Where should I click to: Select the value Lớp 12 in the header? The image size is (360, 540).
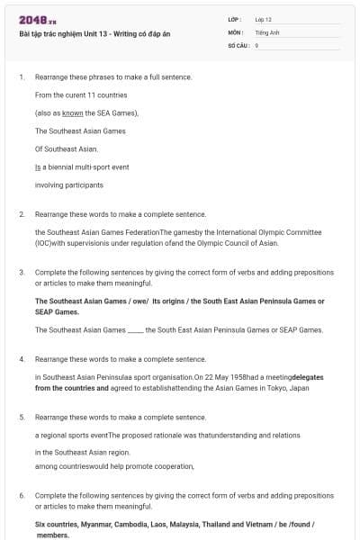(263, 19)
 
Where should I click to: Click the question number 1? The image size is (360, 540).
(21, 77)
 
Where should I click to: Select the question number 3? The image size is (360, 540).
(21, 272)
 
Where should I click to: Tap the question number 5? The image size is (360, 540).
(21, 418)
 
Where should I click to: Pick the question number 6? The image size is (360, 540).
(21, 496)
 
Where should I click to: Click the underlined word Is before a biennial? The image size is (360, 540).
(39, 166)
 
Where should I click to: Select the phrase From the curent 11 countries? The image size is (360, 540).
(80, 94)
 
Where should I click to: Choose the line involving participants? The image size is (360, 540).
(69, 184)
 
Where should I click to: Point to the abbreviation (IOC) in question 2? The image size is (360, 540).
(45, 243)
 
